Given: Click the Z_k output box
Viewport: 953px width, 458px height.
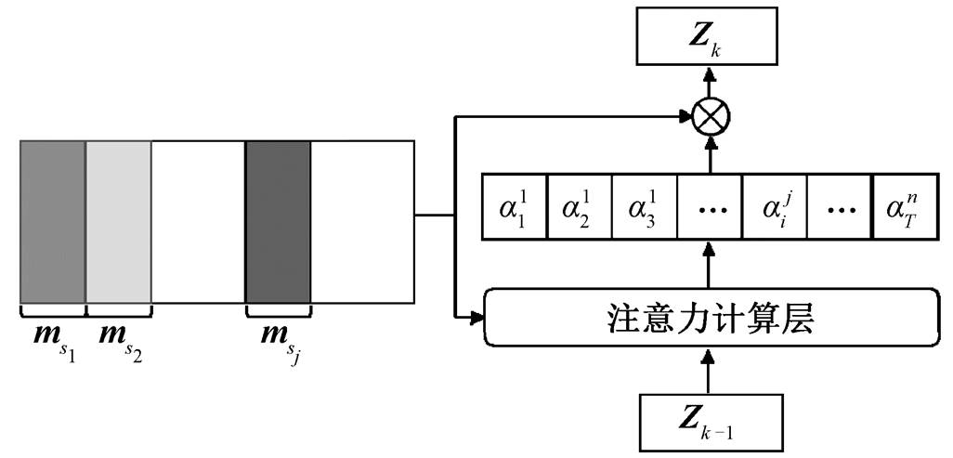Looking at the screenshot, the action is coord(708,36).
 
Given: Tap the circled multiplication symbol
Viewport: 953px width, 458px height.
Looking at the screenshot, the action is coord(711,115).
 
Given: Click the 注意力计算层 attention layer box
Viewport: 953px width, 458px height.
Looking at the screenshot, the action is coord(710,318).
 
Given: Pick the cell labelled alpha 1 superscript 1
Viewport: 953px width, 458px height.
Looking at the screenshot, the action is coord(515,207).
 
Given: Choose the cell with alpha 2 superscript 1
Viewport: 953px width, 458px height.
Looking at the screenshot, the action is coord(580,207).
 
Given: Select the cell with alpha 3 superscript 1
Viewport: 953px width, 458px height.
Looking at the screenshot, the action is coord(645,207).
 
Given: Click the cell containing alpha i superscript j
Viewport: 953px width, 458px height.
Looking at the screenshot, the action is coord(774,207).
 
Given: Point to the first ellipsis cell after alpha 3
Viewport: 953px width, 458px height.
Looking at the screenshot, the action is coord(709,207).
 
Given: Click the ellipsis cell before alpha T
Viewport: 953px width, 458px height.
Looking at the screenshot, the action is coord(839,207).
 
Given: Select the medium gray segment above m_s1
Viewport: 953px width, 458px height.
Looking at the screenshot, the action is coord(52,222).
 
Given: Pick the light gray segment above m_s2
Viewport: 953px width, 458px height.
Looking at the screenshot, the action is coord(118,222).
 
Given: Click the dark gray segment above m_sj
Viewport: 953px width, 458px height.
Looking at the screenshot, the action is coord(278,222).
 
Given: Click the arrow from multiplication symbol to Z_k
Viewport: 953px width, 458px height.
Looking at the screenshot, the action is coord(709,82).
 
